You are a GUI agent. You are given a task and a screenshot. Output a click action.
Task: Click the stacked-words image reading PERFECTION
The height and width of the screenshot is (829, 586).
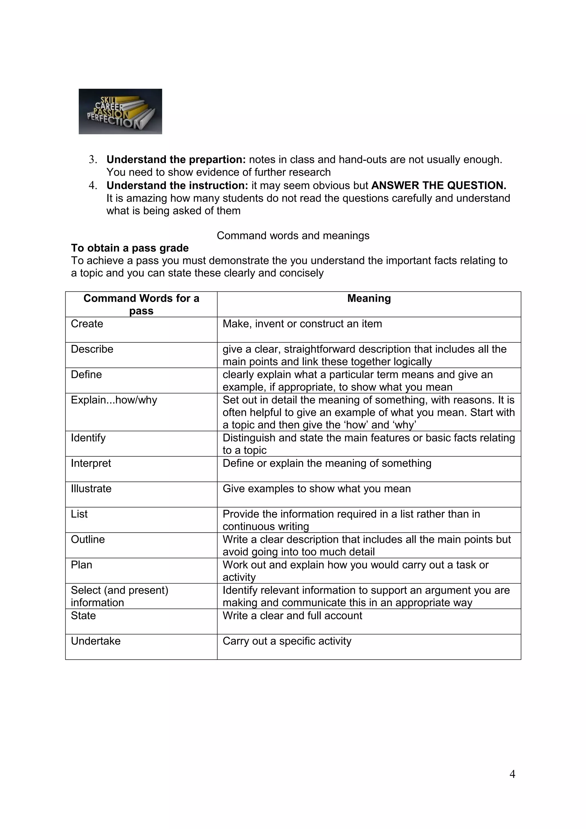pos(120,112)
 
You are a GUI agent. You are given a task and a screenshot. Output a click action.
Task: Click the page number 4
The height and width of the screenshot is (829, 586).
pos(512,774)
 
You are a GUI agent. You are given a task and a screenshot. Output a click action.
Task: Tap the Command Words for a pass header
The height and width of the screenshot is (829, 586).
pos(141,304)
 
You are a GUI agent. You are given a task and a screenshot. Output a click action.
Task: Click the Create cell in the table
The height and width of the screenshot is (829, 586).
pos(87,324)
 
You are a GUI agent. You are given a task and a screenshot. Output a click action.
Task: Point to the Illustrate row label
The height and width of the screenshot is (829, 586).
pos(91,489)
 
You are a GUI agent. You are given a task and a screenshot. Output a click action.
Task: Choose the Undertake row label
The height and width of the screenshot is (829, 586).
pos(96,641)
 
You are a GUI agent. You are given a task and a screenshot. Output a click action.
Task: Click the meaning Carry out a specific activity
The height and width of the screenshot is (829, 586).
pos(287,641)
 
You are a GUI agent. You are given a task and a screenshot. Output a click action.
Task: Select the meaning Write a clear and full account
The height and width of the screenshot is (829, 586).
pos(292,616)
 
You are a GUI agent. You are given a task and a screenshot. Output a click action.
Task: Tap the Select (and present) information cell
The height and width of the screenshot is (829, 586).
pos(120,596)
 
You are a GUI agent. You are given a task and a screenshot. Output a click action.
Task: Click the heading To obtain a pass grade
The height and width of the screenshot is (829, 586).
pos(130,248)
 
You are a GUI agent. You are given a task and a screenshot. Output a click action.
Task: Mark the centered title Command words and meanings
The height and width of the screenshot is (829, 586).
pos(293,235)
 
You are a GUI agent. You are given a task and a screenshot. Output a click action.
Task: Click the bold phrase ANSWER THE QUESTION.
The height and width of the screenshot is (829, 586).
pos(438,186)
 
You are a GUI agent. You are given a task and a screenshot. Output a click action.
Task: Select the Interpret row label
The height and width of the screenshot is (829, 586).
pos(91,463)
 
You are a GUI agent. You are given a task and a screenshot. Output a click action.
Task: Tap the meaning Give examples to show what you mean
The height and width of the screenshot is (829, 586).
pos(317,489)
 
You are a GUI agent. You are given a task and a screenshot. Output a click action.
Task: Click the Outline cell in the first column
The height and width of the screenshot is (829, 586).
pos(88,540)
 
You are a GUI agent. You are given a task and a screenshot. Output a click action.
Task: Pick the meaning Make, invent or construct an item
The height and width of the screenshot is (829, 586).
pos(302,324)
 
